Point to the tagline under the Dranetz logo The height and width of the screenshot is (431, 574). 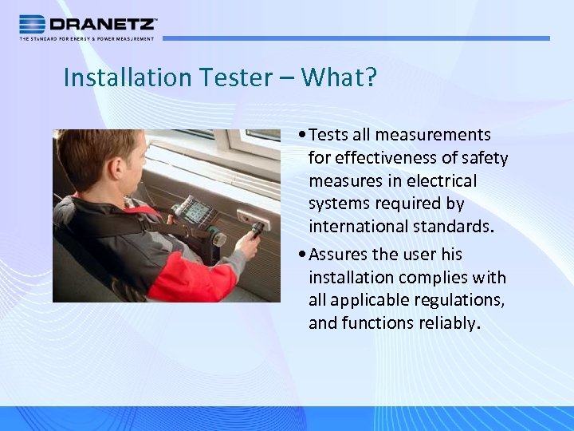point(87,38)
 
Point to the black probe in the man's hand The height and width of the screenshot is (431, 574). point(256,232)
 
